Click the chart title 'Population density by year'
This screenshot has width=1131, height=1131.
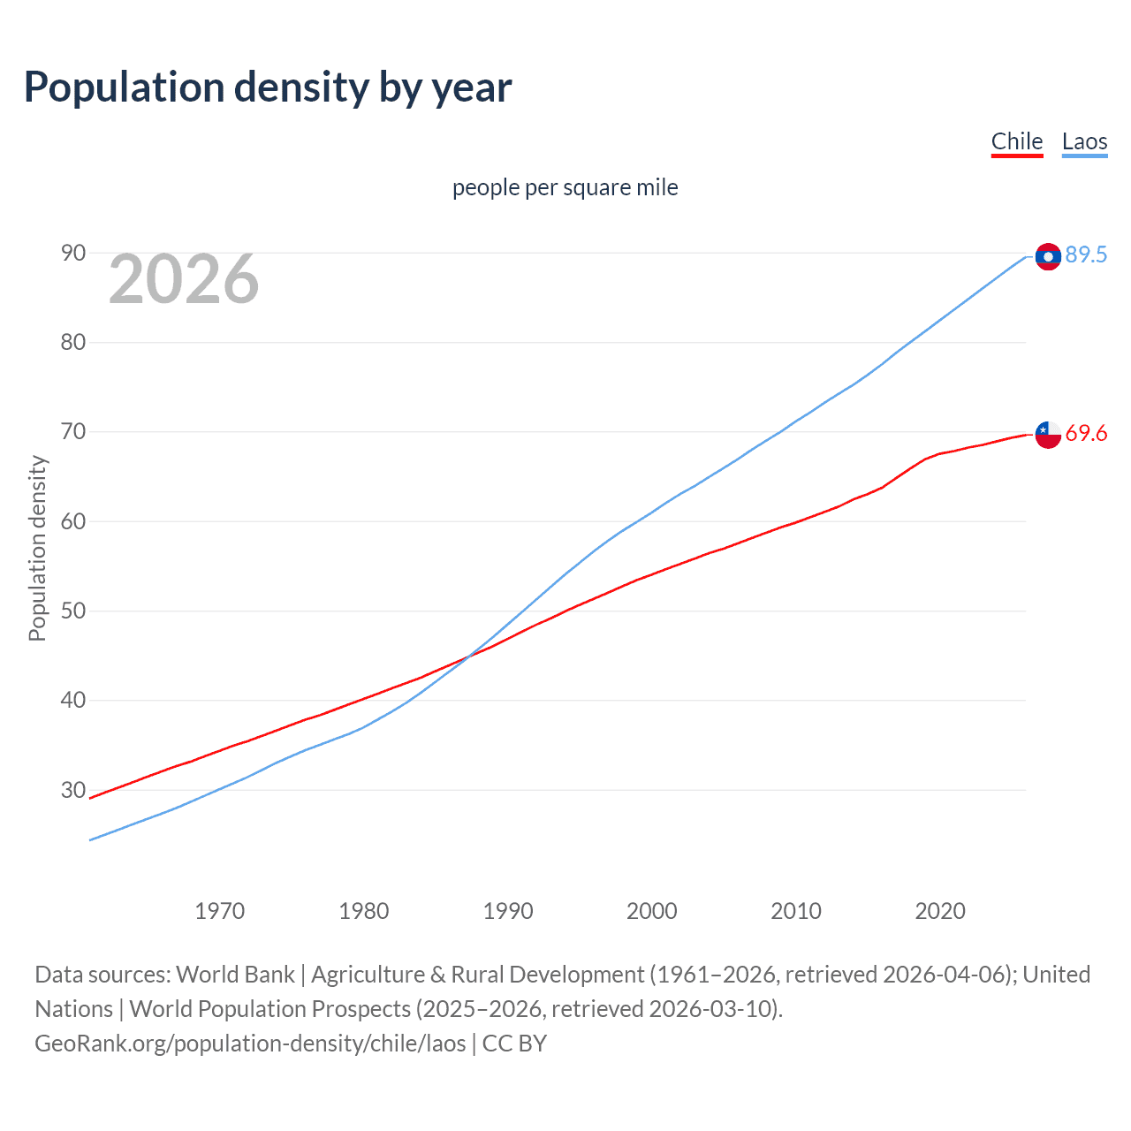click(268, 87)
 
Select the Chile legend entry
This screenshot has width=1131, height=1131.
click(1017, 141)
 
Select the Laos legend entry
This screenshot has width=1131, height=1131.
click(1084, 141)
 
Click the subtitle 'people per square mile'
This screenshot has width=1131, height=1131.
click(565, 187)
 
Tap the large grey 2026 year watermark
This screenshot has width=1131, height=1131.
click(184, 279)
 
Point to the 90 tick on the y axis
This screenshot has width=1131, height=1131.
click(73, 254)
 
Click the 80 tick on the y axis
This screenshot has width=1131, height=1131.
click(73, 343)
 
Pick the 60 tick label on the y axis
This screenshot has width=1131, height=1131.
click(73, 521)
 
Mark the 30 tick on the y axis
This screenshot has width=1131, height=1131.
click(73, 790)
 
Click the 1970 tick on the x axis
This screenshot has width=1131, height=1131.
click(220, 911)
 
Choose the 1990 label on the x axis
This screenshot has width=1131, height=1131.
click(508, 911)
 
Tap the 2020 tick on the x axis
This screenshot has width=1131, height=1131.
click(940, 911)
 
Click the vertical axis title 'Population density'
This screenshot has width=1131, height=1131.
click(37, 548)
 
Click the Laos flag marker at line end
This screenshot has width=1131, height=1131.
click(1048, 256)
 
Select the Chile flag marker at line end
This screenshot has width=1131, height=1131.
click(1048, 434)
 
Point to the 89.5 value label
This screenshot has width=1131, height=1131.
click(1086, 254)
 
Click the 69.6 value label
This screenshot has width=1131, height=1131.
click(1086, 433)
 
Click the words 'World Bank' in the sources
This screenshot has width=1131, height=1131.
click(235, 975)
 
